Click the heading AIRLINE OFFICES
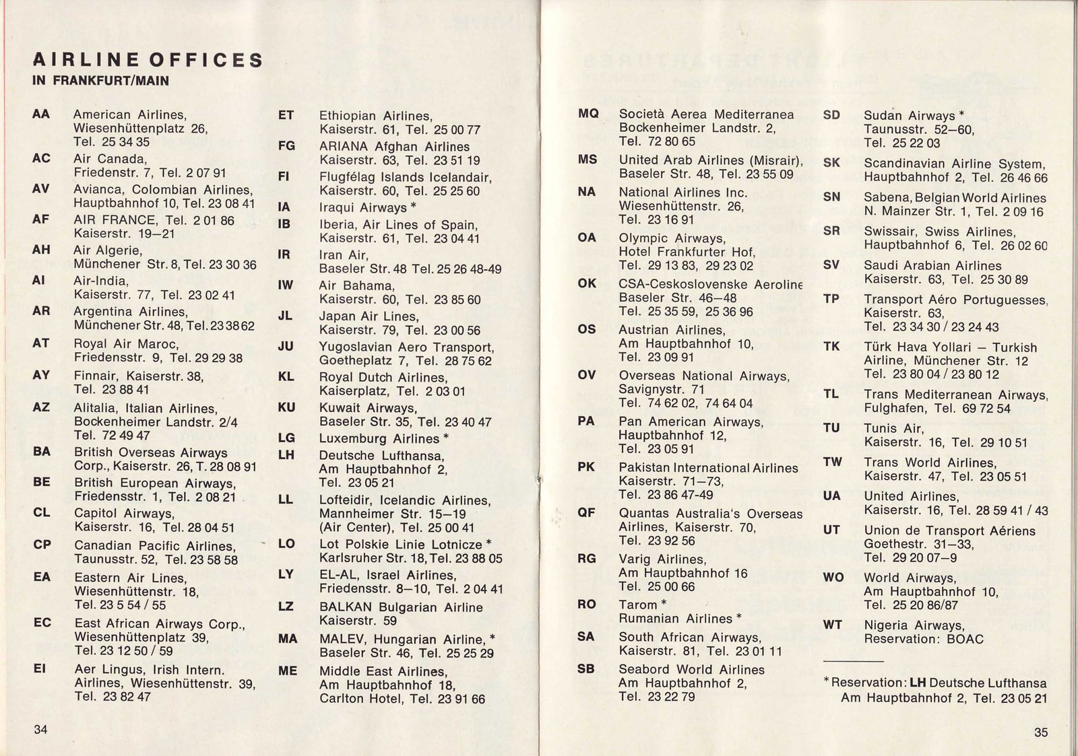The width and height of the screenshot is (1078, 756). click(148, 60)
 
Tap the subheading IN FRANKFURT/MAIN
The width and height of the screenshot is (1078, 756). click(100, 81)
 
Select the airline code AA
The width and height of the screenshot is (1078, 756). click(41, 114)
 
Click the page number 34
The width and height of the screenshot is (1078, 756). click(41, 730)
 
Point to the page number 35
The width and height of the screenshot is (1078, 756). click(1041, 732)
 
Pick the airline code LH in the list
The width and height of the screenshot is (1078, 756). click(286, 455)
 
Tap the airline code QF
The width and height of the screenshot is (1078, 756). click(587, 513)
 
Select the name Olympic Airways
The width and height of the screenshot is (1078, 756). click(672, 238)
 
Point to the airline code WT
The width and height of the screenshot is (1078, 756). click(833, 625)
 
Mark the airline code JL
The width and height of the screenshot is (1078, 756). click(286, 316)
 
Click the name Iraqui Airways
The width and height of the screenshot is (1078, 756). click(363, 208)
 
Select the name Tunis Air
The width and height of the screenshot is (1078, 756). click(894, 428)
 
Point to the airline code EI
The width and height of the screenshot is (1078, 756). click(40, 669)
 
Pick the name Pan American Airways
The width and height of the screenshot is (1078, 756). click(691, 422)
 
